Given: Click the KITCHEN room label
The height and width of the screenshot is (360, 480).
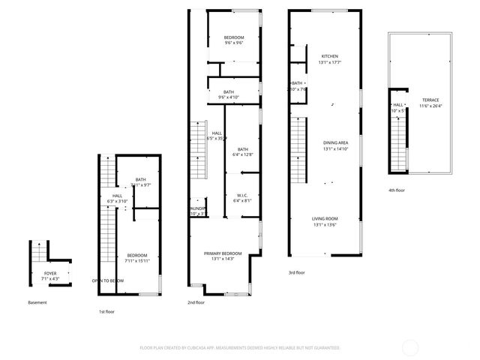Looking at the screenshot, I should pos(330,56).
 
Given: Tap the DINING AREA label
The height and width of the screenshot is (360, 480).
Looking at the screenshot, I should pos(334,142).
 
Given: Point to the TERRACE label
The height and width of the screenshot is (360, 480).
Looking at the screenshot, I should pos(430,100).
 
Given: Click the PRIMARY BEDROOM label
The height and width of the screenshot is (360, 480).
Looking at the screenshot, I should pos(223,253).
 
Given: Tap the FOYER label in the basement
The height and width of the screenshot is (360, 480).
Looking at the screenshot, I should pos(50,274).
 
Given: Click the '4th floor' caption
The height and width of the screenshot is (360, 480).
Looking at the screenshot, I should pos(396,190).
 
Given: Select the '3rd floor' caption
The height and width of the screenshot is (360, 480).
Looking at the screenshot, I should pos(297,273).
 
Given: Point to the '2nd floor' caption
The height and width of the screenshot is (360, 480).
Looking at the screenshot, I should pos(196,302).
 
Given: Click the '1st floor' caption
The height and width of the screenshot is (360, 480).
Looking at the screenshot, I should pos(107,310).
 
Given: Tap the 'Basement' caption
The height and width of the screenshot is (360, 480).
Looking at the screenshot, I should pos(37,302).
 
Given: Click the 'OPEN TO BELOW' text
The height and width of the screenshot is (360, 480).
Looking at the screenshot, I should pos(108,280).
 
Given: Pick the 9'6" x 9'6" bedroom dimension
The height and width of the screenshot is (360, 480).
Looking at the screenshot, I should pos(235,43).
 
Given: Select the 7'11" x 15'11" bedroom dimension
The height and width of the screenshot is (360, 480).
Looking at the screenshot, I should pos(137,260).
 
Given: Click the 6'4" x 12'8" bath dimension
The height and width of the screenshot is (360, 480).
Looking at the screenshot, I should pos(242,154).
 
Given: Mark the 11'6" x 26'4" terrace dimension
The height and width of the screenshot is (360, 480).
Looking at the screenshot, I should pos(430,106).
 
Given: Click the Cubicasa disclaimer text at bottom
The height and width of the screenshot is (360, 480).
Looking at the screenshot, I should pos(240,348).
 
